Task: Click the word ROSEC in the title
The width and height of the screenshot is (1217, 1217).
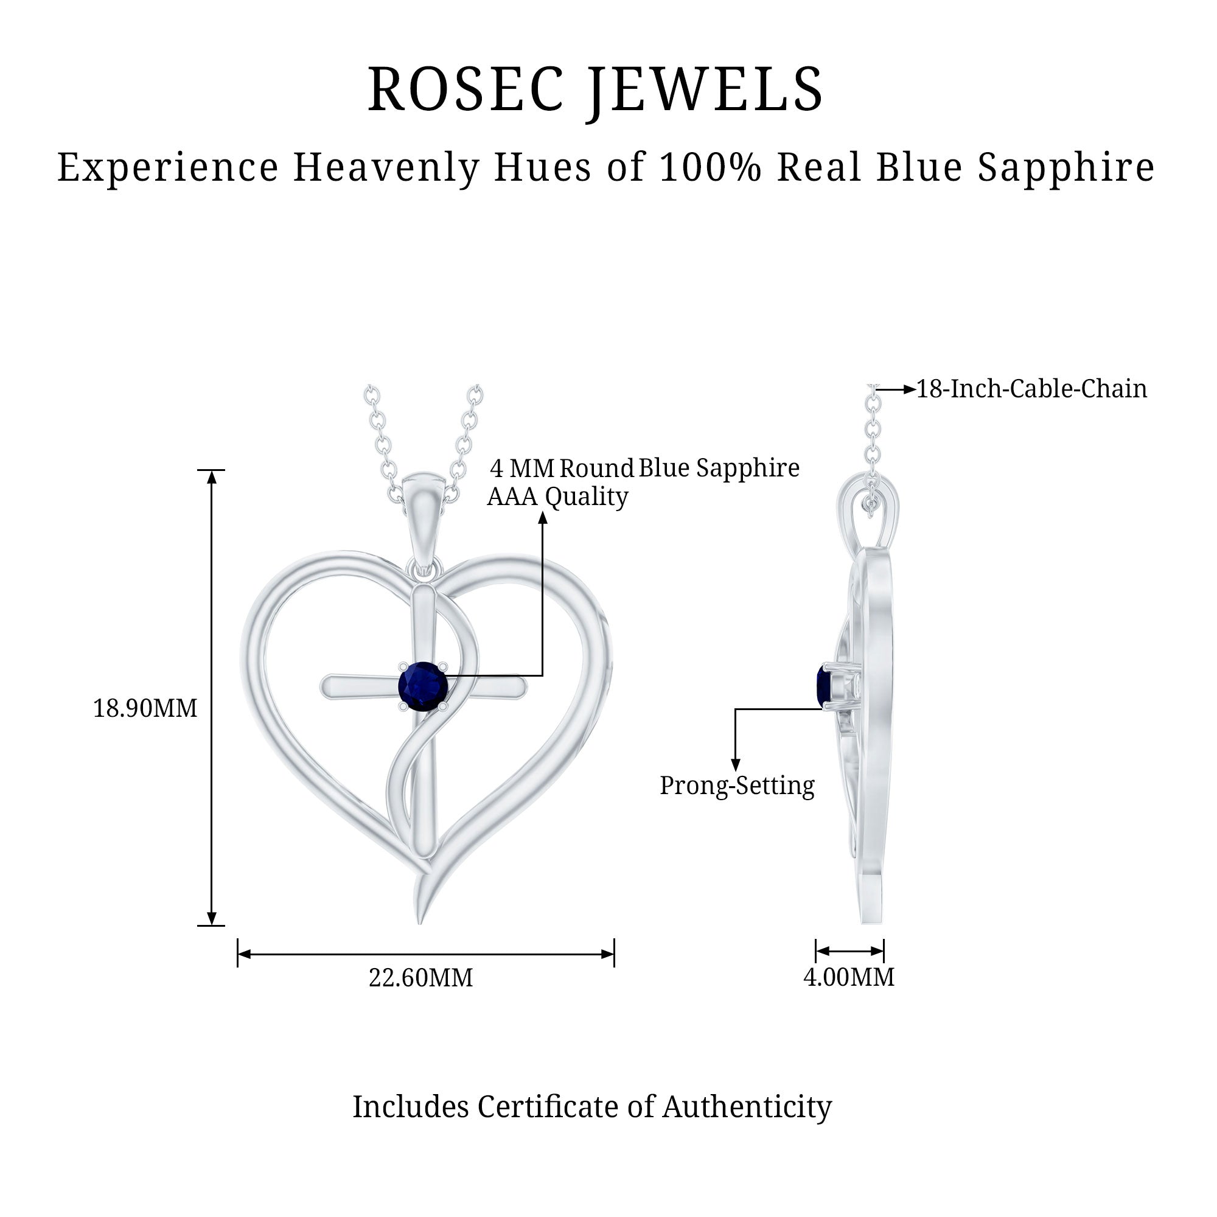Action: [466, 89]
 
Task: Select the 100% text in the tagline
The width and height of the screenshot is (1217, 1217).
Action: [711, 167]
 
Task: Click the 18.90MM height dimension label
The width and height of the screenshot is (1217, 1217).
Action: [145, 709]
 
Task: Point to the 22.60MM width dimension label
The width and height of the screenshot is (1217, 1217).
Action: [420, 978]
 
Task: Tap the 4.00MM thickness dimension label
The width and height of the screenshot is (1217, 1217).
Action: [848, 977]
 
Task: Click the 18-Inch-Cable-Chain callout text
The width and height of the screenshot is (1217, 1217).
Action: [1031, 389]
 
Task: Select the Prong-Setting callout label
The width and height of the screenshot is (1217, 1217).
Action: [737, 786]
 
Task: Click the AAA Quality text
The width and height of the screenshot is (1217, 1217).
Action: [557, 497]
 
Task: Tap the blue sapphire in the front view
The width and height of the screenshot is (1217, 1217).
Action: [423, 686]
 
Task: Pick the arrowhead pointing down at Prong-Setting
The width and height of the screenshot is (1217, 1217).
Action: [735, 765]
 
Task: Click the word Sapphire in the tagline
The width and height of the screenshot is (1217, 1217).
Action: [1066, 167]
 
